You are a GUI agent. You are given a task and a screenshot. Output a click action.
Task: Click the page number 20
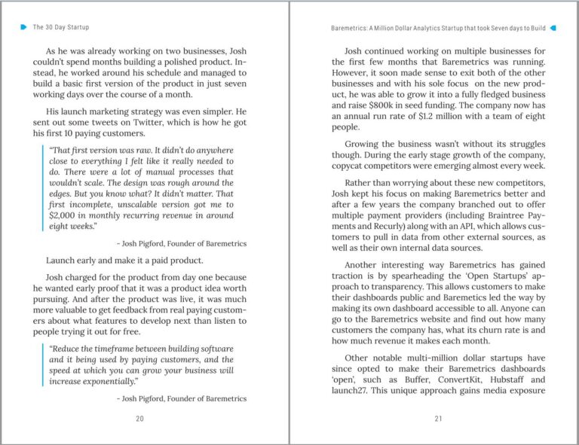pyautogui.click(x=139, y=419)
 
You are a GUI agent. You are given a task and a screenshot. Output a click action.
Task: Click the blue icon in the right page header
pyautogui.click(x=554, y=27)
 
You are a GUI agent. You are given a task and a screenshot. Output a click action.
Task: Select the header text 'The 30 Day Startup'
pyautogui.click(x=61, y=27)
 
